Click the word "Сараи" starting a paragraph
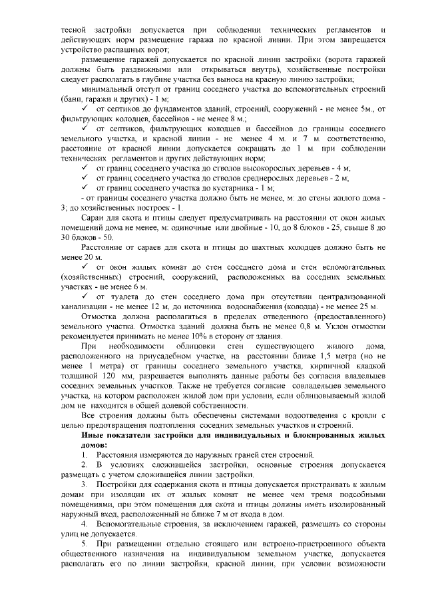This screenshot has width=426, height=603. pos(92,217)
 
